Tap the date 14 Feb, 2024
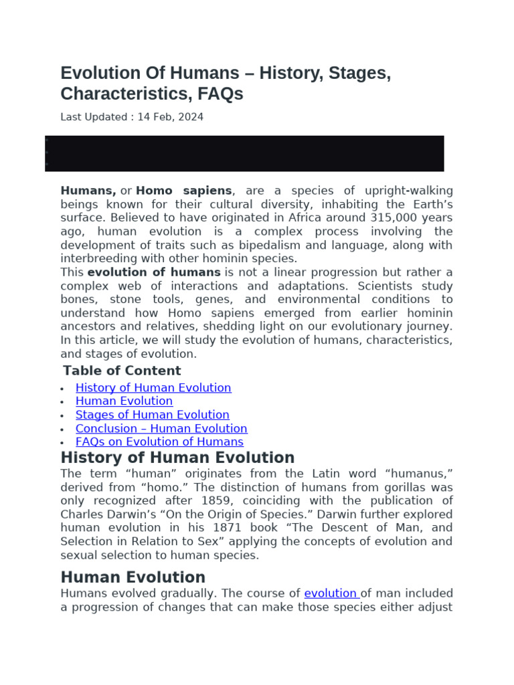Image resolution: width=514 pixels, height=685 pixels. coord(170,117)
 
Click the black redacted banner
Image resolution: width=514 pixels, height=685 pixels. coord(244,153)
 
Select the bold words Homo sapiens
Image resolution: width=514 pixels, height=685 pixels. coord(184,191)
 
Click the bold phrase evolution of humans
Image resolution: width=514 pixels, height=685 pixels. coord(154,272)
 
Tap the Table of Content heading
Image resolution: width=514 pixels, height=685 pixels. coord(122,371)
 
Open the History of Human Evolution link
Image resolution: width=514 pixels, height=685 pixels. coord(153,388)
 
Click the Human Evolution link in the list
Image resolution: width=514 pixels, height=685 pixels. coord(124,401)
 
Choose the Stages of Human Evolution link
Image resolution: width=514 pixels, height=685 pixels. coord(152,415)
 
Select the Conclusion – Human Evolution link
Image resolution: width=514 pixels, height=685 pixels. coord(161,428)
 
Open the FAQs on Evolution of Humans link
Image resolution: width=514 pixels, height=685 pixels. coord(159,442)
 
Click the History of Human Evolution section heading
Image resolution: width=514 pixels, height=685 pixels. coord(177,458)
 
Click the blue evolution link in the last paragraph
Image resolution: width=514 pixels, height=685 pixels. coord(331,593)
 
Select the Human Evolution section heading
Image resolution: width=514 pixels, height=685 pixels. coord(133,577)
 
